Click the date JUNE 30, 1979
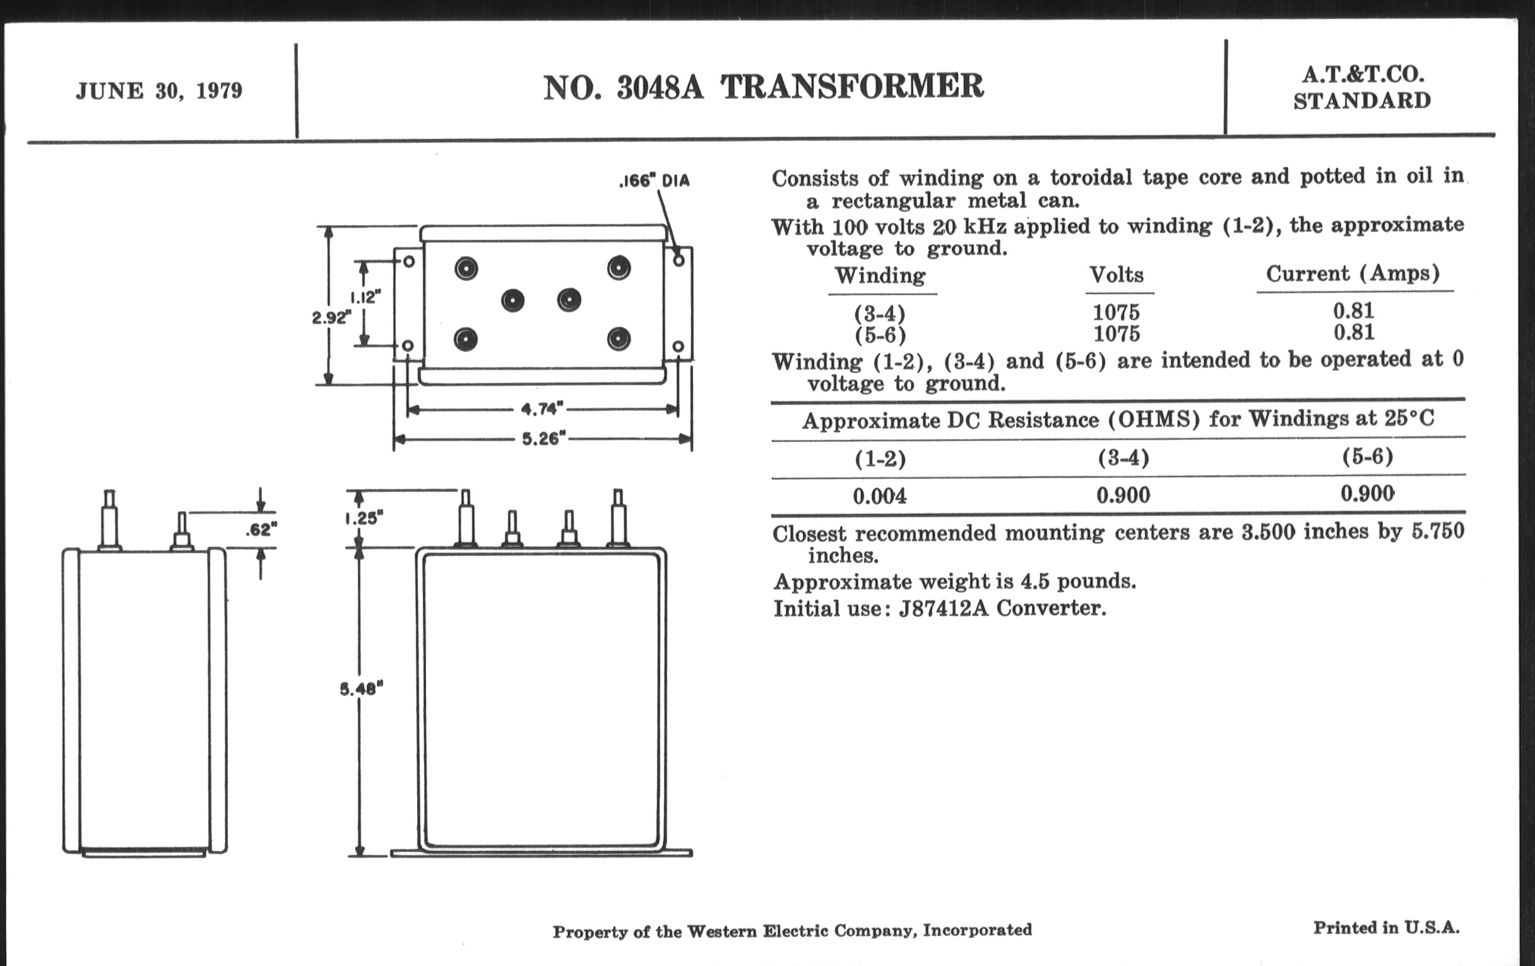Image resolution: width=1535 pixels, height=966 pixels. (158, 91)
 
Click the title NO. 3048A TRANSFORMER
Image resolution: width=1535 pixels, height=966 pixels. (763, 87)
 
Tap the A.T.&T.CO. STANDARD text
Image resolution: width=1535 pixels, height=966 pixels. (1361, 88)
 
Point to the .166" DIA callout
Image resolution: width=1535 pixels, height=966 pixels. (654, 181)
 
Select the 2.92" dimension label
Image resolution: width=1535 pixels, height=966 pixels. (331, 318)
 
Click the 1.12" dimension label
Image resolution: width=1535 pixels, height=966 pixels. (365, 297)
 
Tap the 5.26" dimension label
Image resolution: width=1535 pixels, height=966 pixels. (544, 439)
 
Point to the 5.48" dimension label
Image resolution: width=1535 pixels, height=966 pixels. (361, 689)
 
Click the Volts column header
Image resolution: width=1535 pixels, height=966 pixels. (1116, 275)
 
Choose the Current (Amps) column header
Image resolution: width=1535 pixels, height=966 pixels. (1353, 273)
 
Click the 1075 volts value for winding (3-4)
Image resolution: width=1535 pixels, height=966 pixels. (1116, 313)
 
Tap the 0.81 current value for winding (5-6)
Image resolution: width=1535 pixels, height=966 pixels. (1353, 332)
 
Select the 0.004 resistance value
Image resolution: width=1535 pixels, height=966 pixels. (879, 496)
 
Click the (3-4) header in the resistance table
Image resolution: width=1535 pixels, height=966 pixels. (1123, 458)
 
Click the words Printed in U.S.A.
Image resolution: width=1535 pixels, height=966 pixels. (1386, 927)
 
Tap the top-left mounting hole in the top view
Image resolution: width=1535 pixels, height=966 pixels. (409, 261)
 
